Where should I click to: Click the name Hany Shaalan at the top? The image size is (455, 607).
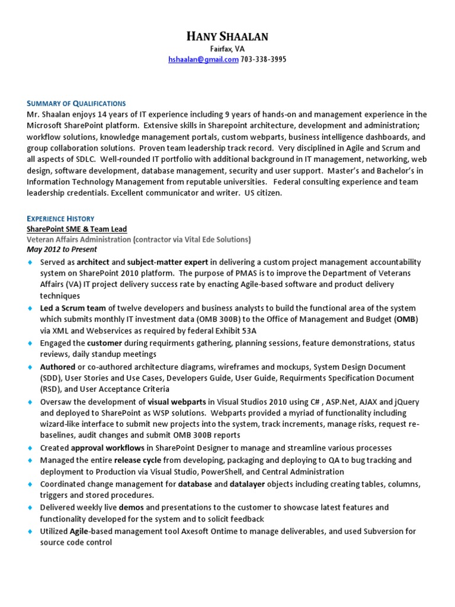(227, 36)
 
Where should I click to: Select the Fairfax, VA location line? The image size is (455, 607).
(227, 49)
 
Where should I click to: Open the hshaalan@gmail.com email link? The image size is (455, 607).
(203, 60)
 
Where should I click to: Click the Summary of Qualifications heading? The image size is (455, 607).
(76, 103)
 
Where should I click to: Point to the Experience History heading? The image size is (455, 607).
(60, 219)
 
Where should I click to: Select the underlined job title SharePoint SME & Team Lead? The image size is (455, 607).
(76, 229)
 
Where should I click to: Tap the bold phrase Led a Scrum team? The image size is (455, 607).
(73, 308)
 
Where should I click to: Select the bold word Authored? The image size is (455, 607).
(57, 367)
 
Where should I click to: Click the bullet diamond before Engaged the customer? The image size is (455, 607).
(30, 343)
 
